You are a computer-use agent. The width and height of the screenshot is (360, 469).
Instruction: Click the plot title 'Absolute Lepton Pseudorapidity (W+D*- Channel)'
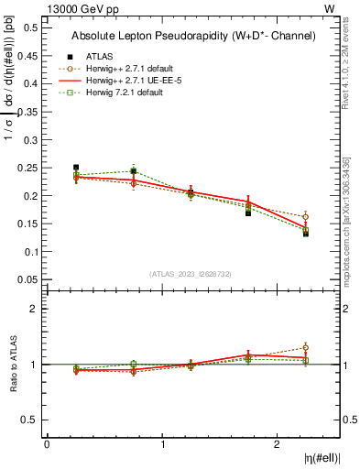[x=193, y=36]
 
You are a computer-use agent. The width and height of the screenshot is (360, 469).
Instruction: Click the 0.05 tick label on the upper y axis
[x=27, y=279]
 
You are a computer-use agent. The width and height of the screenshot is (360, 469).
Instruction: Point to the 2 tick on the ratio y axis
[x=35, y=309]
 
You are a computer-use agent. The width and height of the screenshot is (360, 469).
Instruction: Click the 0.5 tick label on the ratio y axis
[x=30, y=420]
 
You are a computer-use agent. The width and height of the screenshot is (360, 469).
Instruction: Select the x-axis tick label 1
[x=163, y=444]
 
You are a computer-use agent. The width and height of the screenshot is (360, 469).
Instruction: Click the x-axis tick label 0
[x=47, y=444]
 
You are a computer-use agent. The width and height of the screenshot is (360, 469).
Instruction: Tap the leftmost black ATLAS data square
[x=76, y=168]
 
